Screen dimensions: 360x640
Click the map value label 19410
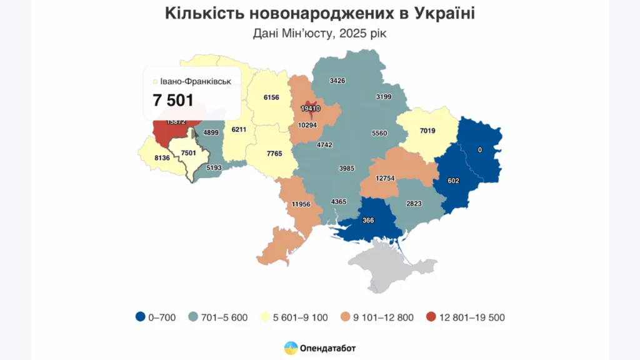(310, 108)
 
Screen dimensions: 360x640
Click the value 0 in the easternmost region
(479, 150)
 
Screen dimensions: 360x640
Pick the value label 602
(454, 181)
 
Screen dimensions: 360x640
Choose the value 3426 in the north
(337, 81)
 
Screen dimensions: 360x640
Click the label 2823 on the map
(415, 204)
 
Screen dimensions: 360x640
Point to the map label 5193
(213, 167)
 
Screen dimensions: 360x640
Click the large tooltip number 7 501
(173, 101)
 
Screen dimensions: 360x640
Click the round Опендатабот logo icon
(291, 347)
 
